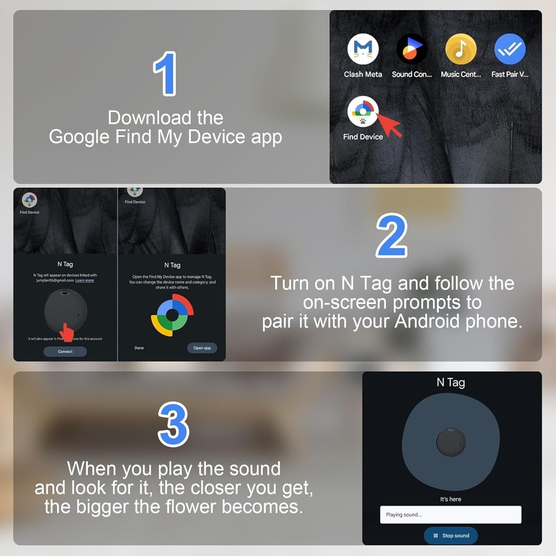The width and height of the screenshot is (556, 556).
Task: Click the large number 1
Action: point(165,73)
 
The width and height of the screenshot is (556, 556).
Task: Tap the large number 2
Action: point(391,236)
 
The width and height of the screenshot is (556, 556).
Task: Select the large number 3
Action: point(173,424)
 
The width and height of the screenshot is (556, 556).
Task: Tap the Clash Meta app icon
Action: point(363,49)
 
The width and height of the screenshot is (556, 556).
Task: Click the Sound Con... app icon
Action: point(411,49)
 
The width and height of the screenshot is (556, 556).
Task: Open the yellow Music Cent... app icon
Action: point(460,49)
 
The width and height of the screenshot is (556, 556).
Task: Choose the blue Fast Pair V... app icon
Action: point(509,49)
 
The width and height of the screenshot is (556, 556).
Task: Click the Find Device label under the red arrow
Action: point(363,137)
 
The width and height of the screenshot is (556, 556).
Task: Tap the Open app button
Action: point(202,348)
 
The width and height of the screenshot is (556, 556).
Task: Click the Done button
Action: point(139,348)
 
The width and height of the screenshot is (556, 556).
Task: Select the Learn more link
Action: point(85,281)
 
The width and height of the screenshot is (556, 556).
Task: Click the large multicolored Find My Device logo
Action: point(172,315)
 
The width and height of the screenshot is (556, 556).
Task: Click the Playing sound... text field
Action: point(450,514)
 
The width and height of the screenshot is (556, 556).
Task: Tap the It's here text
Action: point(450,499)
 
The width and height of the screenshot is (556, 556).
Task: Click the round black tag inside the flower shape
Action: point(451,440)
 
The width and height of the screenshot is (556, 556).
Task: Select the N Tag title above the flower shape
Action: point(450,383)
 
